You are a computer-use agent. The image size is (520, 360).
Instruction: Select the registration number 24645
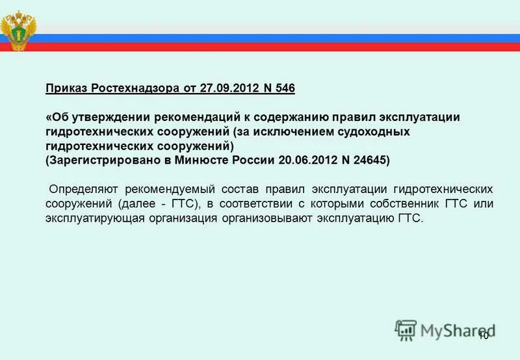(367, 160)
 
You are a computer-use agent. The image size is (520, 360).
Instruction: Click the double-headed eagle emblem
(19, 30)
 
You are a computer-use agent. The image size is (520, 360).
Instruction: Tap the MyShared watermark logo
(442, 329)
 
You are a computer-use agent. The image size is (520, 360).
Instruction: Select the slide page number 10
(484, 335)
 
